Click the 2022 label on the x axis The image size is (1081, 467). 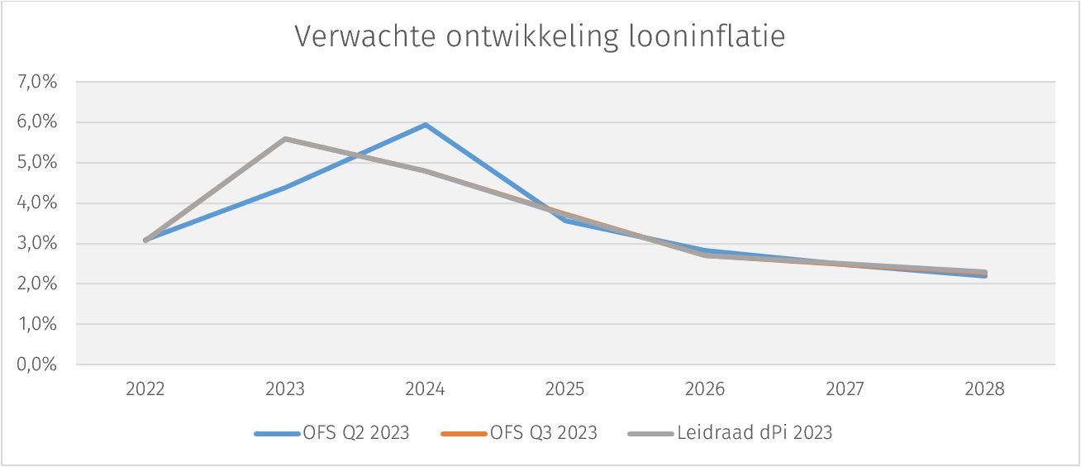[145, 389]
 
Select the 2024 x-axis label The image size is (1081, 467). [425, 389]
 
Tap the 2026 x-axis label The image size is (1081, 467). [705, 389]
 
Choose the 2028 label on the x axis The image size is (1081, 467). [984, 389]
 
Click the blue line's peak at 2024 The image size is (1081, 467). [425, 125]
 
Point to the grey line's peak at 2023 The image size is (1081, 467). [285, 139]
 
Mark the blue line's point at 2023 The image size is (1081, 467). [285, 188]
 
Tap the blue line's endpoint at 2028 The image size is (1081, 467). [984, 276]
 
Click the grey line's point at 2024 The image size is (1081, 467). [425, 170]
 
